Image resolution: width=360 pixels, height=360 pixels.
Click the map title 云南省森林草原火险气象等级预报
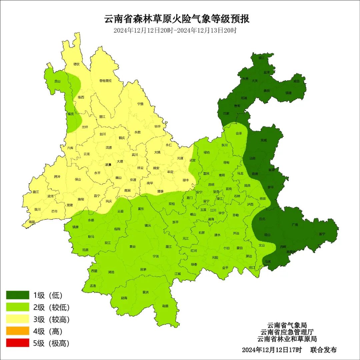(x=177, y=19)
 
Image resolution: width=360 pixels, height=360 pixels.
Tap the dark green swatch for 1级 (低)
(x=18, y=295)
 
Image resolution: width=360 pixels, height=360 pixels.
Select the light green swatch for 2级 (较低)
(x=18, y=307)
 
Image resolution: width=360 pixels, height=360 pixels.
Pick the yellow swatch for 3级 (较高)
(x=18, y=319)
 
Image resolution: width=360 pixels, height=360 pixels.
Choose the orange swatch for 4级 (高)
(x=18, y=331)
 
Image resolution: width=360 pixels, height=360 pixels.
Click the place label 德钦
(x=76, y=64)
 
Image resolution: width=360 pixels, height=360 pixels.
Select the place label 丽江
(x=102, y=117)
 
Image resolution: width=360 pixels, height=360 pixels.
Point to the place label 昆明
(x=211, y=184)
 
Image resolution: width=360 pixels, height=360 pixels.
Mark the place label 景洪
(x=145, y=292)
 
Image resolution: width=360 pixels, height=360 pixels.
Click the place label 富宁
(x=322, y=234)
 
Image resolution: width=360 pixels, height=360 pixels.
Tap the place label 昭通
(x=244, y=98)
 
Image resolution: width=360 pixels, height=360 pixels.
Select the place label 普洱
(x=156, y=256)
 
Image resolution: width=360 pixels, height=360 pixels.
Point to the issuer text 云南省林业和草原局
(x=287, y=339)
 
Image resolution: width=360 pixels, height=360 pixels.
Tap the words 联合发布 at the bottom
(x=323, y=350)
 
